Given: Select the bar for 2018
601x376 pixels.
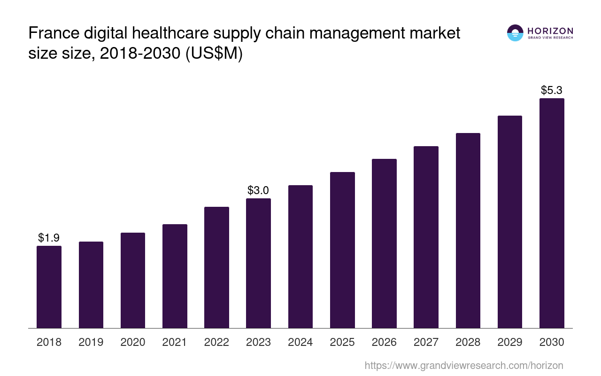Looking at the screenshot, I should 49,287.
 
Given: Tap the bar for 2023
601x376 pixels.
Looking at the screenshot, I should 258,263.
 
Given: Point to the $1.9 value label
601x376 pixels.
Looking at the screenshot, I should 49,238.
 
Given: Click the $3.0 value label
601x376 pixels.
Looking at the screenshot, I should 258,190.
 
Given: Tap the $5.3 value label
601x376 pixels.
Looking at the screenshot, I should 552,90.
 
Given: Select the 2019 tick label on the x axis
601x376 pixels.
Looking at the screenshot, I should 91,342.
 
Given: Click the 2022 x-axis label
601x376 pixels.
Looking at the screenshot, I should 216,342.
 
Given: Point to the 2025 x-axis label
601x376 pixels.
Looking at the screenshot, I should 342,342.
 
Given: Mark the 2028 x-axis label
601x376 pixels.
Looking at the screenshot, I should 468,342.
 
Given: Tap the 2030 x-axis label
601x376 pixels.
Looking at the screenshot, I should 552,342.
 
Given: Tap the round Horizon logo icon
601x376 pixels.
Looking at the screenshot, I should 515,33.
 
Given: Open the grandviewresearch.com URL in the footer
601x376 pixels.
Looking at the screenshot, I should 463,365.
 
